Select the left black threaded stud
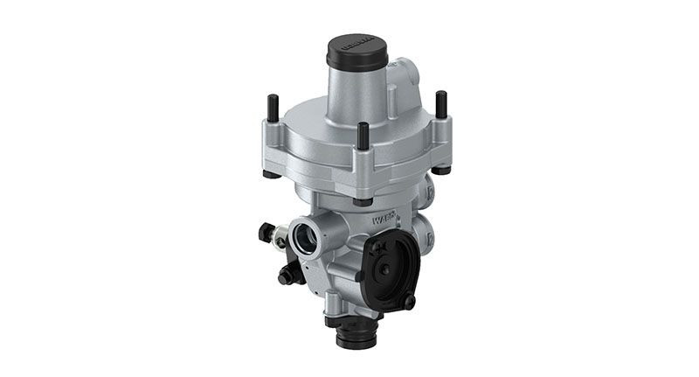273,109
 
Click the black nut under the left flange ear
273,172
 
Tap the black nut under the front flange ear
362,200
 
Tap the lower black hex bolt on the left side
287,276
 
